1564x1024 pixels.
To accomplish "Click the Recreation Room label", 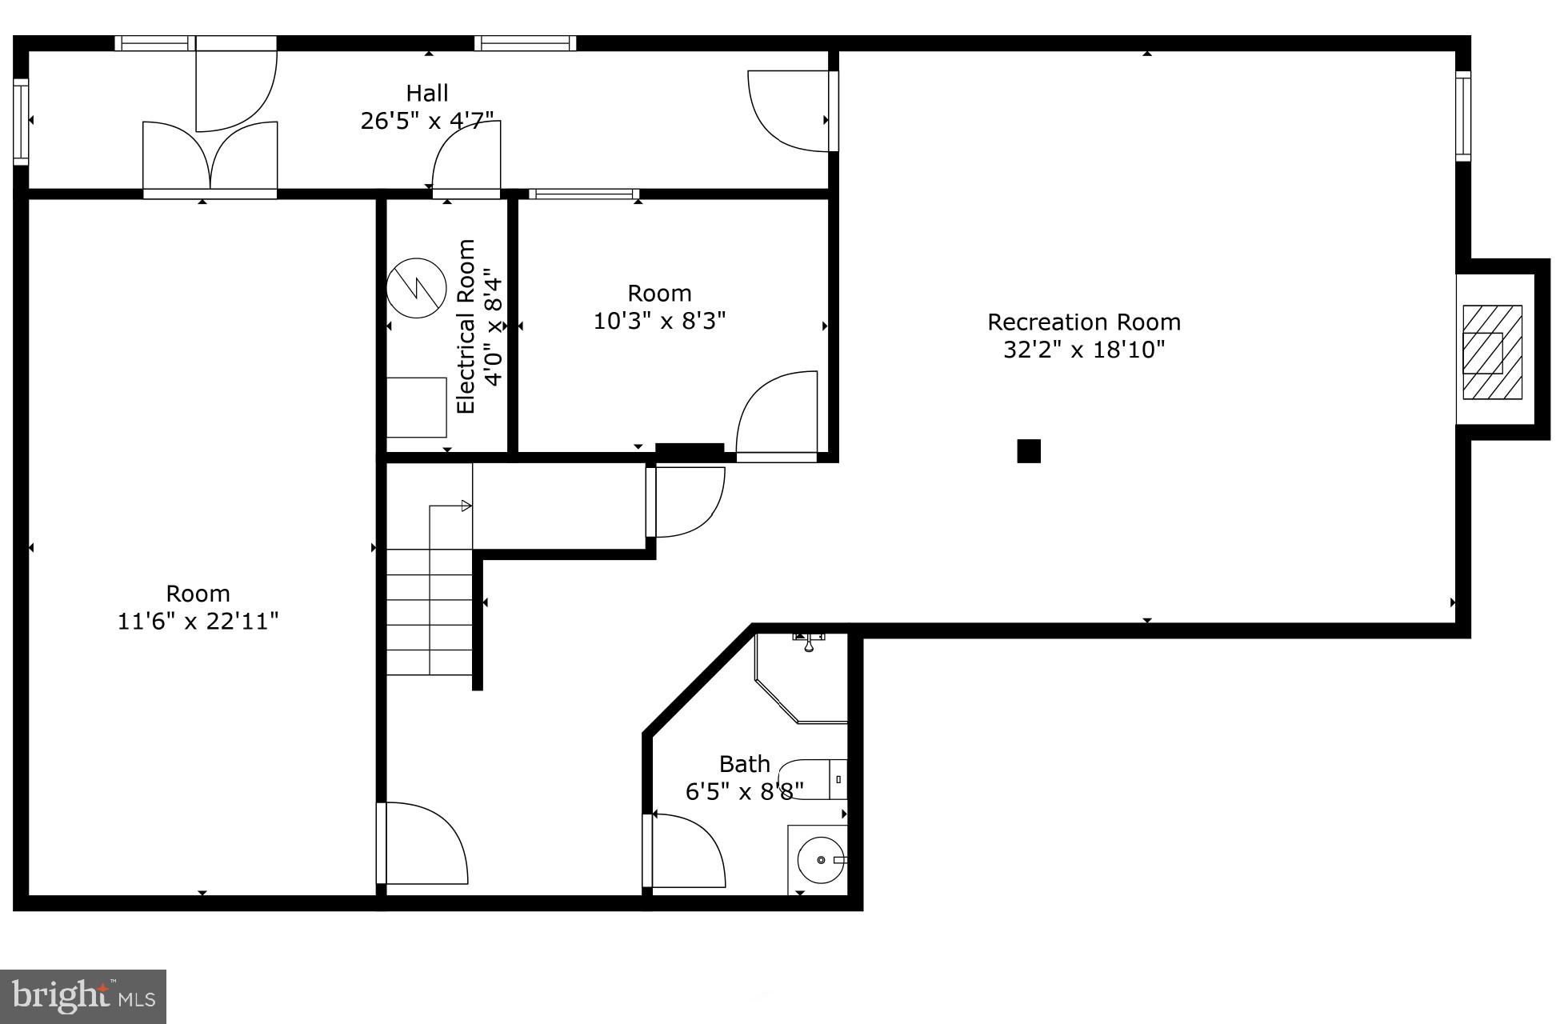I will (1083, 322).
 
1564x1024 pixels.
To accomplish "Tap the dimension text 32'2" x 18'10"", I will (1083, 350).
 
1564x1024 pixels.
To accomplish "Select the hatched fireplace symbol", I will (1492, 352).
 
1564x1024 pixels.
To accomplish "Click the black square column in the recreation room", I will (1029, 451).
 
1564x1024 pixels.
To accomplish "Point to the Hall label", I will (426, 94).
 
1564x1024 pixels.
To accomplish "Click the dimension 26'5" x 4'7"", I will (426, 121).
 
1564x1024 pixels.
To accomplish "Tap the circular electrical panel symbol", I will (416, 288).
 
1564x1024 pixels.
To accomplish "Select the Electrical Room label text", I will (466, 326).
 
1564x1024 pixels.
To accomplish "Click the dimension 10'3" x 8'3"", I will (659, 321).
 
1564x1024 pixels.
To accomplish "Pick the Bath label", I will (744, 764).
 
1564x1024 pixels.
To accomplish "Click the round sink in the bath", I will (820, 860).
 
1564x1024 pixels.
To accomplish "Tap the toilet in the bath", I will (816, 779).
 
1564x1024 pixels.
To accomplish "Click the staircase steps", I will (430, 612).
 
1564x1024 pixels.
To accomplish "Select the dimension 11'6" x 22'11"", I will (198, 622).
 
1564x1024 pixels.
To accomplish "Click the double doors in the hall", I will (210, 156).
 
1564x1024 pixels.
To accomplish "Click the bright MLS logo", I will (83, 996).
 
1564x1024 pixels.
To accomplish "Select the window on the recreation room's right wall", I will (1462, 116).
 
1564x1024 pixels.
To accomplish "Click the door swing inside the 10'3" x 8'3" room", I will (776, 416).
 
